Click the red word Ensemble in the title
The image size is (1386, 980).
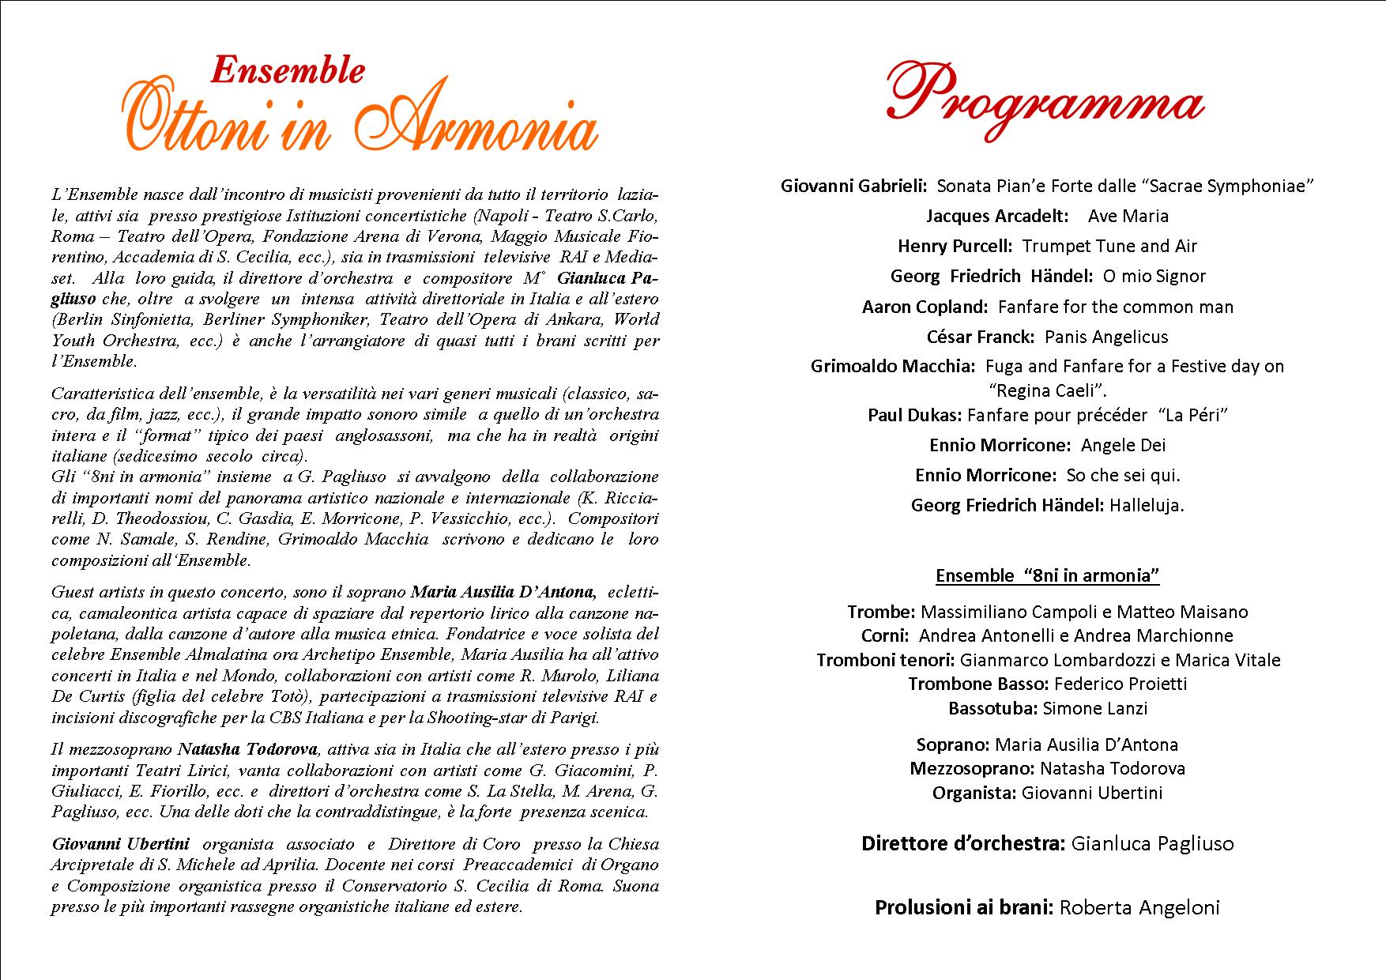click(288, 70)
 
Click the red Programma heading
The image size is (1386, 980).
click(1045, 103)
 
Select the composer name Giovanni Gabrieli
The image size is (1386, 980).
click(853, 186)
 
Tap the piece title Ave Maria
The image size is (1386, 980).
click(1128, 216)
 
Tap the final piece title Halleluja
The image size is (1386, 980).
click(1147, 505)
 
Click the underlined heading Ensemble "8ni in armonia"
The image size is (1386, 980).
click(1047, 575)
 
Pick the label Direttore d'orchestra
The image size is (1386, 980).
click(963, 843)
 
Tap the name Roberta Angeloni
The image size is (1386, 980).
click(1139, 907)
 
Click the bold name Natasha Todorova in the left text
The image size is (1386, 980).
click(247, 749)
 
